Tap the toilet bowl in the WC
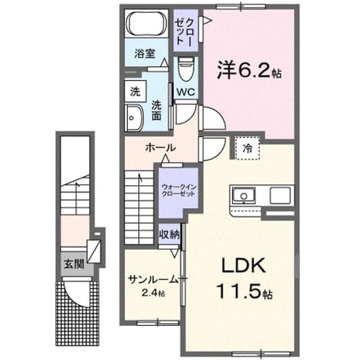(186, 69)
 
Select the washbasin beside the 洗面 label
(134, 118)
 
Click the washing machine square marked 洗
(136, 91)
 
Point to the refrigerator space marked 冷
(247, 148)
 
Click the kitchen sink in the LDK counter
(244, 195)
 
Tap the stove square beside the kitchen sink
(280, 195)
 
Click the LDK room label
(244, 265)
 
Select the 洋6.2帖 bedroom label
(250, 70)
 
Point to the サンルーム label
(158, 280)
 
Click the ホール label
(161, 147)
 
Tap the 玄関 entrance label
(74, 264)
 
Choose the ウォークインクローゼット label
(179, 190)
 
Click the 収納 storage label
(170, 235)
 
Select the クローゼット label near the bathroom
(184, 31)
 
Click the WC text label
(186, 92)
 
